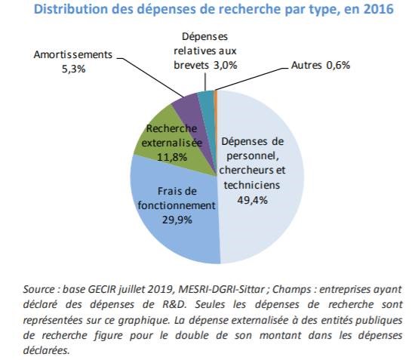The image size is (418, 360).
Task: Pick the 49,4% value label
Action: tap(252, 200)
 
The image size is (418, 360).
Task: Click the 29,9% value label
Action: tap(177, 220)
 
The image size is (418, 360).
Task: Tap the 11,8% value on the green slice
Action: tap(172, 157)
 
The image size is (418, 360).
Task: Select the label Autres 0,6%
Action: tap(321, 65)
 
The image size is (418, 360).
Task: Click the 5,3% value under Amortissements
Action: tap(74, 69)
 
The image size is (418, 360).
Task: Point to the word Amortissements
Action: tap(73, 54)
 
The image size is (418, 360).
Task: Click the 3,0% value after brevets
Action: tap(226, 65)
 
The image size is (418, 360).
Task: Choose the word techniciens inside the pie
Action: tap(252, 185)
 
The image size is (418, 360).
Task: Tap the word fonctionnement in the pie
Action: tap(177, 205)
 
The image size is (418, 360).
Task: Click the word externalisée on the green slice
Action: tap(172, 143)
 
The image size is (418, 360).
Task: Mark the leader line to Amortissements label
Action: tap(150, 77)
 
